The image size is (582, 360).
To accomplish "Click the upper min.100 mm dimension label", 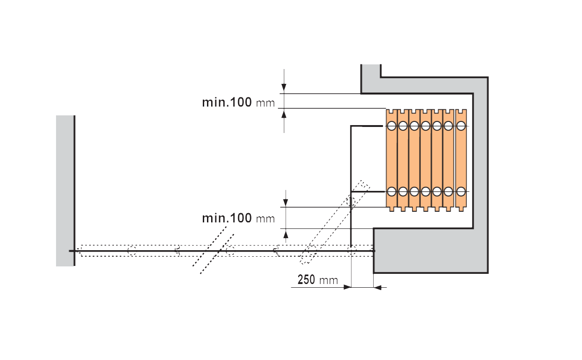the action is click(238, 102).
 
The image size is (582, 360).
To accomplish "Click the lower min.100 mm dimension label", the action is click(238, 218).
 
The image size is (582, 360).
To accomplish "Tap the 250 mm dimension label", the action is click(318, 280).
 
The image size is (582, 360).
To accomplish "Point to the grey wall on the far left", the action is click(65, 191).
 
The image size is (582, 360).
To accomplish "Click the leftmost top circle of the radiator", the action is click(392, 126).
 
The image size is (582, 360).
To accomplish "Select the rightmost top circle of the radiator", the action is click(461, 126).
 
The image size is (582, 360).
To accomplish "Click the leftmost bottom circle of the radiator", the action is click(392, 191).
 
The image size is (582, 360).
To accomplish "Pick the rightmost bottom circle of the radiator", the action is click(461, 191).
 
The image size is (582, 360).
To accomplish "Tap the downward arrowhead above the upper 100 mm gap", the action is click(284, 87).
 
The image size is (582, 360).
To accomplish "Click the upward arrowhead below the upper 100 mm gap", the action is click(284, 114).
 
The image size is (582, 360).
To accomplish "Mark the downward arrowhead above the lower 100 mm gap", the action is click(286, 202).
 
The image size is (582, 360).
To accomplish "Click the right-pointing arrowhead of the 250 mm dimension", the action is click(347, 287).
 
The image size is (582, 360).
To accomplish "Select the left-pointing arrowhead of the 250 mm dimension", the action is click(377, 288).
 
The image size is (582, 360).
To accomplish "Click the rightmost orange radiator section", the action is click(461, 160).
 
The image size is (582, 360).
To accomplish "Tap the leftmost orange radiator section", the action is click(392, 160).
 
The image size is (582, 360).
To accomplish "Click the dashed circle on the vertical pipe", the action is click(351, 202).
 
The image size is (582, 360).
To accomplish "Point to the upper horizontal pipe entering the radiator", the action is click(367, 126).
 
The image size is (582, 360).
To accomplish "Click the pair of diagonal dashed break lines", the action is click(213, 250).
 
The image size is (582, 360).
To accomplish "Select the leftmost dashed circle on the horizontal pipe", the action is click(132, 251).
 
